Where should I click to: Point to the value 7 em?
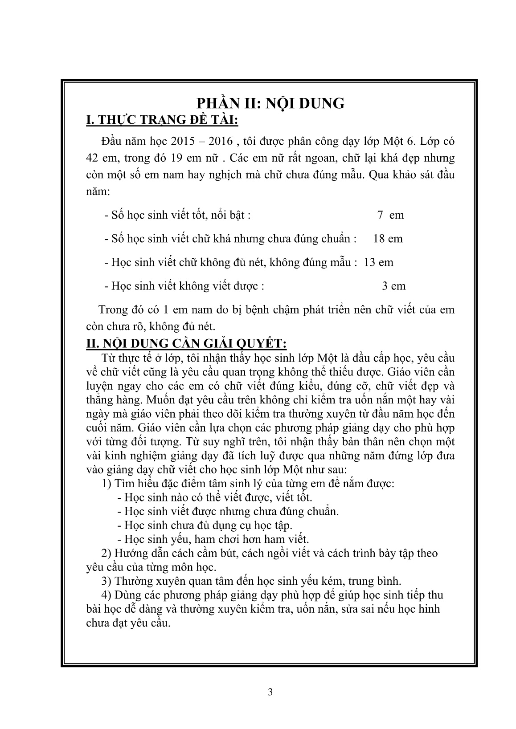pyautogui.click(x=390, y=215)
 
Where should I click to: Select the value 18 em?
pyautogui.click(x=388, y=239)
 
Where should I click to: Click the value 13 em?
pyautogui.click(x=378, y=262)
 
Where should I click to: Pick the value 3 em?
pyautogui.click(x=394, y=286)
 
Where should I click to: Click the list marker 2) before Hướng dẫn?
pyautogui.click(x=106, y=554)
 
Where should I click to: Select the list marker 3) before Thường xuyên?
pyautogui.click(x=106, y=581)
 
